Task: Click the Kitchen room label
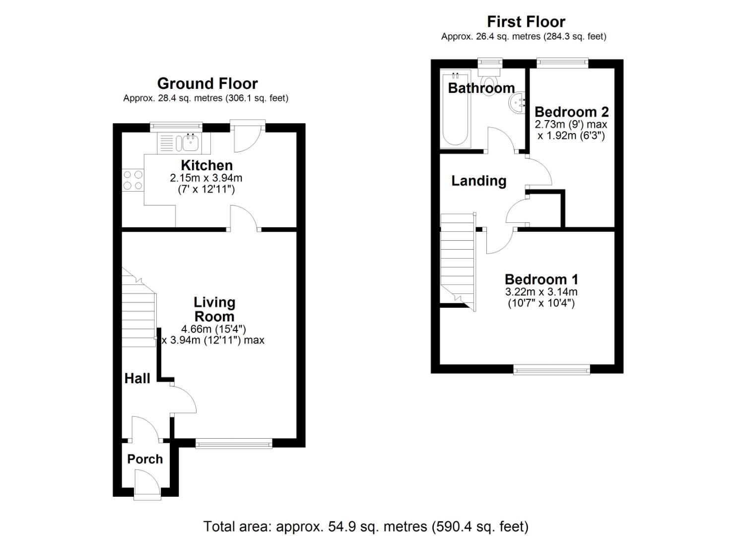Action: pos(206,165)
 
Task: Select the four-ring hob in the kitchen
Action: pos(133,180)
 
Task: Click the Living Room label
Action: pos(214,309)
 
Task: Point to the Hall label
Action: pos(137,379)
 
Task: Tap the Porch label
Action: pos(145,459)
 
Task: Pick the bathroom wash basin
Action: pos(518,103)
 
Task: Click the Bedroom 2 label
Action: pos(571,112)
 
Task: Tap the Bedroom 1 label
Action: pos(541,279)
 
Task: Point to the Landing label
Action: pos(478,181)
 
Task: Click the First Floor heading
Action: pos(526,22)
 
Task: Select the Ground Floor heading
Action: pos(207,83)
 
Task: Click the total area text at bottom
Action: pos(366,526)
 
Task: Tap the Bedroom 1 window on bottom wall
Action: pos(551,369)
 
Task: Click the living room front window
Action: pos(234,443)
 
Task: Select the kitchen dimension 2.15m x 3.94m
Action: pos(206,178)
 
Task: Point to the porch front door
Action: pos(147,484)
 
